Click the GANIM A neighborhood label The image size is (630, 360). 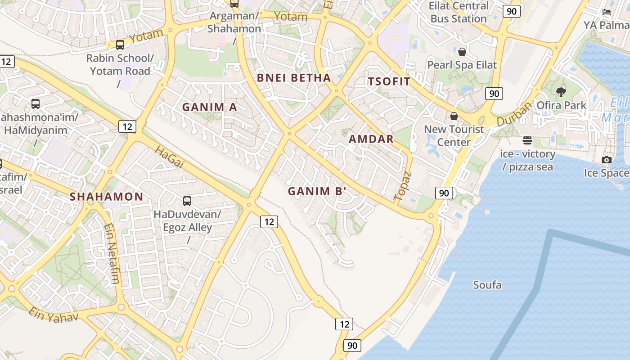[209, 107]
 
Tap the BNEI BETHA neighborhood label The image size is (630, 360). [294, 78]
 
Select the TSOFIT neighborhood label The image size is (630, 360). [389, 81]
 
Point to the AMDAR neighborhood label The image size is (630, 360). [371, 139]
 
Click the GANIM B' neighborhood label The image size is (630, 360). [317, 191]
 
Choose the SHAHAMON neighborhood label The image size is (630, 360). [107, 197]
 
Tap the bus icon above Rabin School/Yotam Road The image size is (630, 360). [120, 45]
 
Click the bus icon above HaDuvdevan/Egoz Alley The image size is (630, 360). [187, 201]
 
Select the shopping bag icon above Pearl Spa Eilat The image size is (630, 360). [462, 51]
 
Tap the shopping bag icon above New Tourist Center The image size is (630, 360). [454, 116]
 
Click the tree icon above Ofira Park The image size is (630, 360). [561, 92]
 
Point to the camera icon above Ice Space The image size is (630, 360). [606, 160]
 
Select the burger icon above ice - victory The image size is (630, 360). [527, 141]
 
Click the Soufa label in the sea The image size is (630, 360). [487, 285]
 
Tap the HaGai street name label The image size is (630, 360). [170, 157]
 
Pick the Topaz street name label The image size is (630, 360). [403, 186]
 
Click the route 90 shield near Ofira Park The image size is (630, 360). [494, 94]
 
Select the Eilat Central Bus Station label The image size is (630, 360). [458, 12]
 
